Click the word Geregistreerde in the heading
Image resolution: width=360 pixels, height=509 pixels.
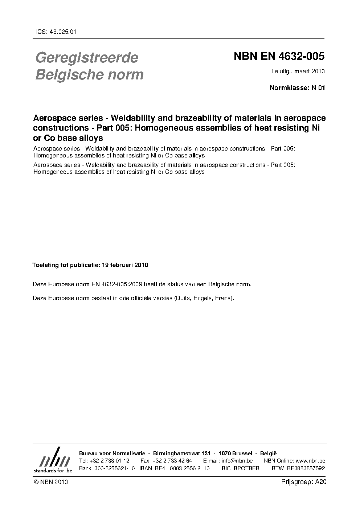point(87,57)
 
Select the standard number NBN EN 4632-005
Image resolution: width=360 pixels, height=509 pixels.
point(279,57)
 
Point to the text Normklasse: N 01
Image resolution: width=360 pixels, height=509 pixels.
point(297,87)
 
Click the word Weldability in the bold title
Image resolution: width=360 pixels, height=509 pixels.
point(133,118)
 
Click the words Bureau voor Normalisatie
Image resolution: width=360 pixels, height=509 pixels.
point(112,454)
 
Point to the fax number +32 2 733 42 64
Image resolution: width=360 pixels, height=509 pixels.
point(172,461)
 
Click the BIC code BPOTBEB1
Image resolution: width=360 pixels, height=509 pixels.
point(248,468)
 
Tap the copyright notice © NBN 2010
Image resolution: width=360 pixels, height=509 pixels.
point(50,482)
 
